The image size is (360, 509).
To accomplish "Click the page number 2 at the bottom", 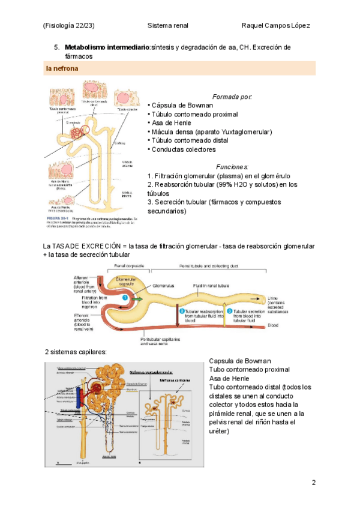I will pyautogui.click(x=313, y=483).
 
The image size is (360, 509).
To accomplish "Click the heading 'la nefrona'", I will pyautogui.click(x=61, y=69).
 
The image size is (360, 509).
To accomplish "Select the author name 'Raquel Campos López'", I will pyautogui.click(x=275, y=26).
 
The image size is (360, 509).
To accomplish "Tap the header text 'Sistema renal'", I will pyautogui.click(x=167, y=26).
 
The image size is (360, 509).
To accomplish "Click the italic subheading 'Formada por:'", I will pyautogui.click(x=232, y=97).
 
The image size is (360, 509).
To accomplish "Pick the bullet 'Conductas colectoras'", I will pyautogui.click(x=183, y=149).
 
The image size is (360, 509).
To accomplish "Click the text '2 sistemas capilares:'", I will pyautogui.click(x=76, y=351).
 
